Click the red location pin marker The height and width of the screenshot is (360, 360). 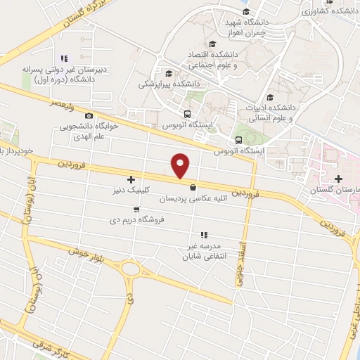[181, 165]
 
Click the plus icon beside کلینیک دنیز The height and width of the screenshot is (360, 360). [131, 180]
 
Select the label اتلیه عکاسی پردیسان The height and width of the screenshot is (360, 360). [193, 199]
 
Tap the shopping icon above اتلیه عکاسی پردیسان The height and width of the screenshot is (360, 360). [193, 188]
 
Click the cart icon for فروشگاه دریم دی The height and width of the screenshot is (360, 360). [136, 210]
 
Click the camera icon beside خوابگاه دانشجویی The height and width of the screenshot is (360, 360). [89, 116]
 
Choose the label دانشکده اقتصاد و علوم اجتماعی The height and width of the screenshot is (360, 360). [214, 60]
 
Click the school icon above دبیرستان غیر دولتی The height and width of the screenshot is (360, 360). [64, 58]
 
